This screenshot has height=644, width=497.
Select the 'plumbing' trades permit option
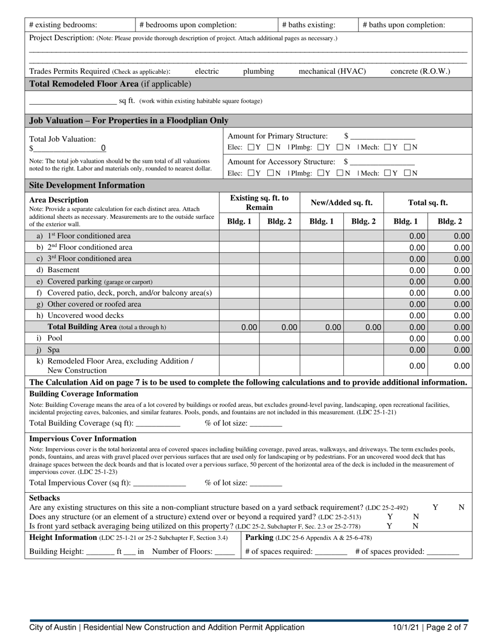point(258,71)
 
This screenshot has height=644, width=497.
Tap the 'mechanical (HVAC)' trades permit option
point(332,71)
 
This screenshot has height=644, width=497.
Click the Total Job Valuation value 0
point(103,148)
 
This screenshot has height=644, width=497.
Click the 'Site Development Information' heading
point(87,185)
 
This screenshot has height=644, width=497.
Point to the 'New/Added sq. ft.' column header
point(342,203)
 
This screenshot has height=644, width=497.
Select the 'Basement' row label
point(63,270)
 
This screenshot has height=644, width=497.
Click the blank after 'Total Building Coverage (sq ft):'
point(157,424)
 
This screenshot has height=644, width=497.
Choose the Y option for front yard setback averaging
point(389,526)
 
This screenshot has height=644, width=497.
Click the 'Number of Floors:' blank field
point(225,551)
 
